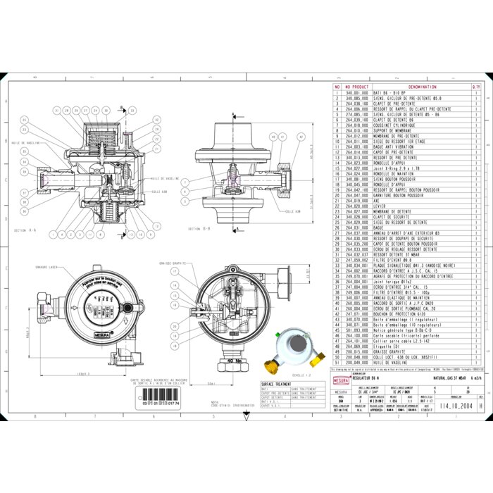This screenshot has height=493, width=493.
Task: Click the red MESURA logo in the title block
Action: [x=340, y=380]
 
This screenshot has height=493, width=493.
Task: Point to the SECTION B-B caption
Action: [x=201, y=229]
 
